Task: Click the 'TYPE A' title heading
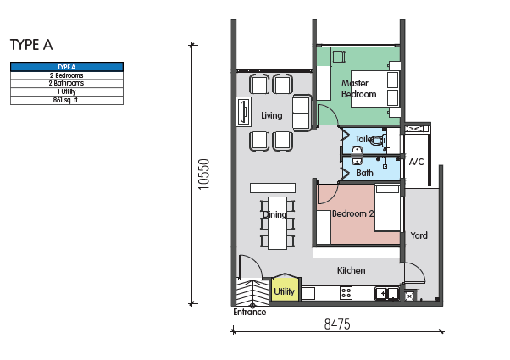31,45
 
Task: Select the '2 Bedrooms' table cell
67,75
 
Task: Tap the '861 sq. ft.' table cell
67,101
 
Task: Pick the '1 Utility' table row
67,92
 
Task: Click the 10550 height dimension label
203,174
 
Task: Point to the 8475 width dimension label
337,324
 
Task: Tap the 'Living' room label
272,115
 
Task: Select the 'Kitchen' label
351,270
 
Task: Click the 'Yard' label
419,235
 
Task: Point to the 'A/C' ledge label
416,162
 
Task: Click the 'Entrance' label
249,313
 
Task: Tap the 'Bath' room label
364,173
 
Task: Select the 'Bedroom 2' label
353,213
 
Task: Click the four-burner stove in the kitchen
346,293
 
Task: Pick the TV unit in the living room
244,112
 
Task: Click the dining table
277,223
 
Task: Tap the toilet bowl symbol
378,141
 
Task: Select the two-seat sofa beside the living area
302,113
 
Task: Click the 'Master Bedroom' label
358,88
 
